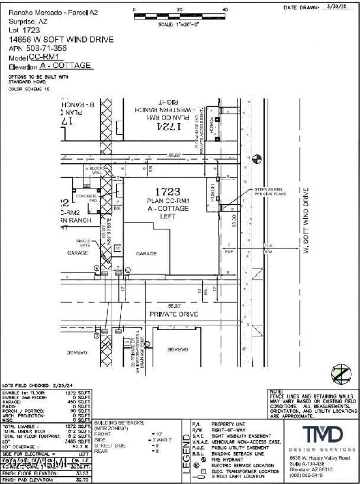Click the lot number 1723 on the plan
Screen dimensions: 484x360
tap(167, 192)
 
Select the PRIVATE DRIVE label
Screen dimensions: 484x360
tap(174, 314)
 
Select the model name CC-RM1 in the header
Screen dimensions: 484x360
tap(46, 58)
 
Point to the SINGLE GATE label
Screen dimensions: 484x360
tap(83, 242)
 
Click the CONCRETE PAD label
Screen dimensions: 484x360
tap(86, 198)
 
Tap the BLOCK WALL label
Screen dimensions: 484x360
tap(96, 170)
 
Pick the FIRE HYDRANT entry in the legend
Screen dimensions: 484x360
tap(230, 460)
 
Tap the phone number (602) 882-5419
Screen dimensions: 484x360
tap(306, 475)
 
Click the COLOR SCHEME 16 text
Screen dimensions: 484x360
tap(28, 89)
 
